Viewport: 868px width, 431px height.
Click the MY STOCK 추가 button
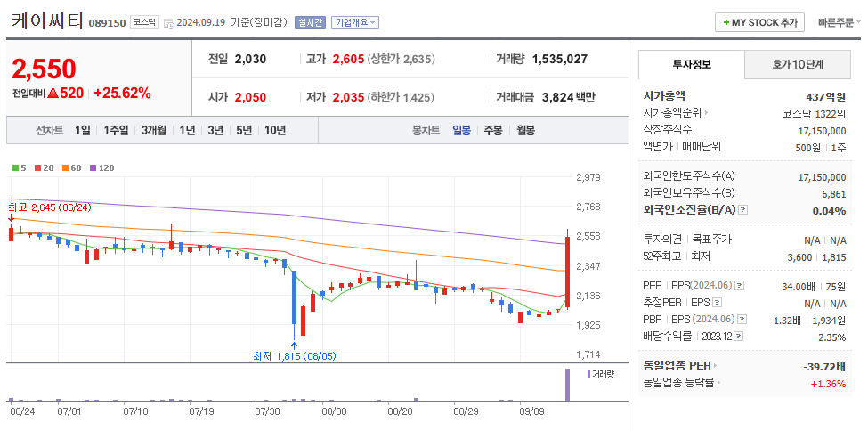(759, 22)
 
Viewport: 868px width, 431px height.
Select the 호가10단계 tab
(796, 65)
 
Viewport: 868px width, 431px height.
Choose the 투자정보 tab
(691, 65)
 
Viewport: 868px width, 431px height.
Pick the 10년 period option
(275, 130)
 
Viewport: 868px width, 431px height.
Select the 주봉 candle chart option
(492, 130)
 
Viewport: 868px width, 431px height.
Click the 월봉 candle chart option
(525, 130)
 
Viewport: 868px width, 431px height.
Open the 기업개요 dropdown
(354, 22)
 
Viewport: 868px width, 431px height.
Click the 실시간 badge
(310, 22)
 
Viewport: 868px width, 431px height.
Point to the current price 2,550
(45, 69)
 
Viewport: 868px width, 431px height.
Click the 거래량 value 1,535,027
(559, 60)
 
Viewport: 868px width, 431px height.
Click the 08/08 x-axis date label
(334, 412)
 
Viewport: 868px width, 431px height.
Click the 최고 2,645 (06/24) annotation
(50, 207)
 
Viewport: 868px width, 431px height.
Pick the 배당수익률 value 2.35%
(831, 337)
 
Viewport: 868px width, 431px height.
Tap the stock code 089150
(107, 23)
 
